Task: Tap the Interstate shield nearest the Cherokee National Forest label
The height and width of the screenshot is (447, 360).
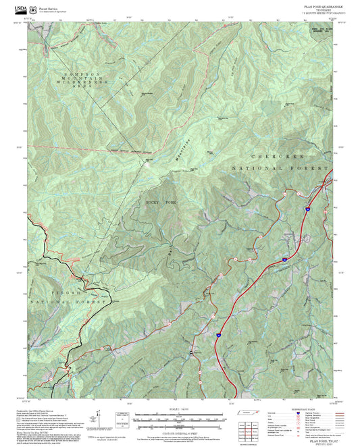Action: [305, 210]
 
